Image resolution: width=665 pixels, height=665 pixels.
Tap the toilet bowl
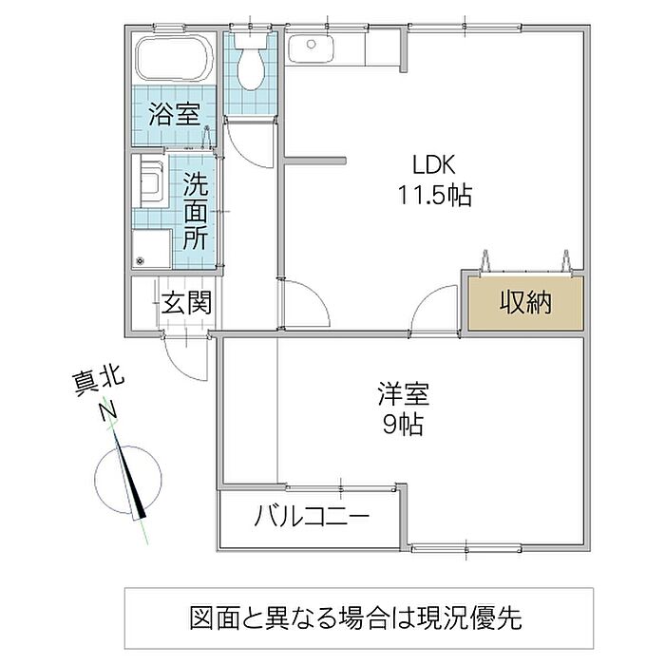(x=251, y=65)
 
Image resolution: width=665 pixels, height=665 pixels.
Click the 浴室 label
(x=175, y=116)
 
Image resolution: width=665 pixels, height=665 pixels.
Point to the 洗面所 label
(x=196, y=210)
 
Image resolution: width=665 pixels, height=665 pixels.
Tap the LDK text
(x=434, y=164)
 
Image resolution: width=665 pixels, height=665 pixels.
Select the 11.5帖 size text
(x=434, y=196)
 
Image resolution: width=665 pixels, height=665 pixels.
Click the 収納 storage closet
(x=524, y=304)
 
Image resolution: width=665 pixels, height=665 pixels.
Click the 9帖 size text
(x=403, y=425)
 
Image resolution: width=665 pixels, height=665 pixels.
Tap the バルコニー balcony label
(x=313, y=518)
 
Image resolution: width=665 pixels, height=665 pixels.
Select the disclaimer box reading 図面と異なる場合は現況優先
(x=359, y=620)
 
